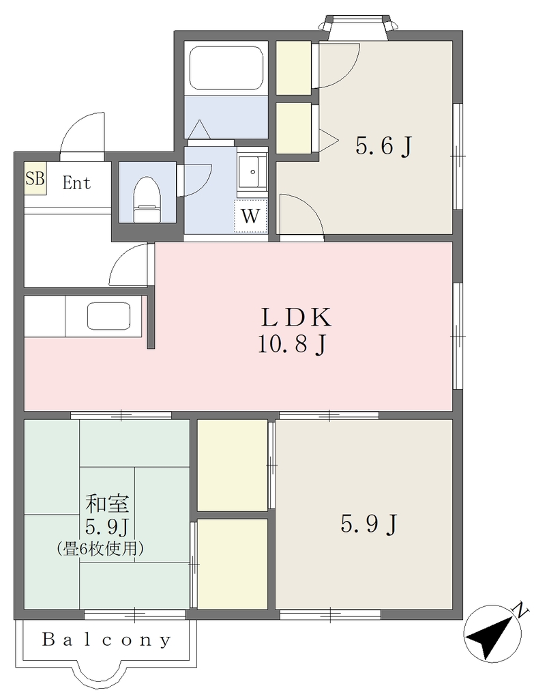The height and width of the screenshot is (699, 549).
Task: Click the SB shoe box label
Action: (x=35, y=179)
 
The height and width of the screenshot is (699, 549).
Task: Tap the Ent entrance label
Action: (x=76, y=183)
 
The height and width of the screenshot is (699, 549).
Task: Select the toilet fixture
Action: (x=147, y=200)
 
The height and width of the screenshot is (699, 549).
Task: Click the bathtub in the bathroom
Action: (x=226, y=68)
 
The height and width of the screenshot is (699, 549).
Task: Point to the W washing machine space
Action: (x=251, y=216)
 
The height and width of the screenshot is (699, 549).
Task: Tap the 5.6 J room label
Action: (x=383, y=146)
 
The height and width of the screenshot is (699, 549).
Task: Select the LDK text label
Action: (x=296, y=317)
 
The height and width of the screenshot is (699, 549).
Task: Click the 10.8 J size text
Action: (x=293, y=345)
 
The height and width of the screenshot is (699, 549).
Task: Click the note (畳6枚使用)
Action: (x=100, y=548)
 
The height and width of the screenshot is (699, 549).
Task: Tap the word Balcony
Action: (x=106, y=640)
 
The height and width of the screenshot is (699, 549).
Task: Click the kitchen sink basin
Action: (x=108, y=316)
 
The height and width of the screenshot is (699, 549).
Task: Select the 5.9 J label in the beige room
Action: (x=368, y=524)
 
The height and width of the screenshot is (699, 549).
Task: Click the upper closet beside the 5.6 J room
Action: (x=293, y=68)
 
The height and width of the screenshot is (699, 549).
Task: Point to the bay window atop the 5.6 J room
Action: (x=357, y=27)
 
